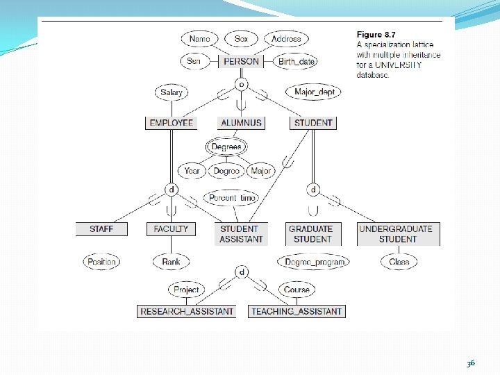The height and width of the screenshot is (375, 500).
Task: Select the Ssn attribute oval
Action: (194, 61)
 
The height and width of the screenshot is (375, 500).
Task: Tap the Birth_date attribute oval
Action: (296, 61)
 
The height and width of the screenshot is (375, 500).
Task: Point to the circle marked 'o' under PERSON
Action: (241, 84)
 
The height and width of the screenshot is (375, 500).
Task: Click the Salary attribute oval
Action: (172, 92)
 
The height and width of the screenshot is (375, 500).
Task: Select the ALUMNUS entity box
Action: (241, 123)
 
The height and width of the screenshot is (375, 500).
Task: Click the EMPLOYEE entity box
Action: (172, 123)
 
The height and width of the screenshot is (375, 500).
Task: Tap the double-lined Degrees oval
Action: (226, 147)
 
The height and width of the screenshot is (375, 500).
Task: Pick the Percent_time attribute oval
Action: (232, 198)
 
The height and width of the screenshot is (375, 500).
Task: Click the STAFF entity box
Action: (101, 228)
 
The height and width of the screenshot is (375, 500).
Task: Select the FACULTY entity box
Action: (171, 228)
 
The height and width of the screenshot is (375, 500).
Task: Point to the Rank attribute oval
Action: (171, 262)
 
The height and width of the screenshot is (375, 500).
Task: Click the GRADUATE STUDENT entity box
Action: (311, 233)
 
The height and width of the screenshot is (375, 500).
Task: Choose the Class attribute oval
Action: (399, 262)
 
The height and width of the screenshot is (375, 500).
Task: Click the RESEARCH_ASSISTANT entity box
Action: (187, 311)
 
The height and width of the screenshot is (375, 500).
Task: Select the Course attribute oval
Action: (297, 290)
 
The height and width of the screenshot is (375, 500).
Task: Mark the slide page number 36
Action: (472, 362)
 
